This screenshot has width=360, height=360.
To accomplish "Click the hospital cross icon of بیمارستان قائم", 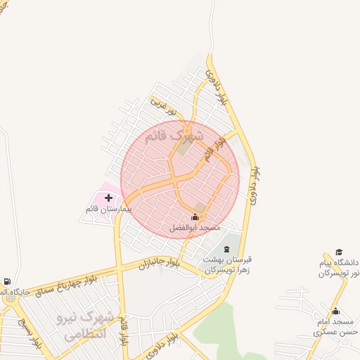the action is (x=108, y=198).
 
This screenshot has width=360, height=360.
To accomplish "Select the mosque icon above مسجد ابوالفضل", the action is (x=195, y=217).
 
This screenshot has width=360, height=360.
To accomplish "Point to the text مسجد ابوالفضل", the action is (x=195, y=228).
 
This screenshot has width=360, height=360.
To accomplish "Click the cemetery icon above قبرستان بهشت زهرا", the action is (x=226, y=249).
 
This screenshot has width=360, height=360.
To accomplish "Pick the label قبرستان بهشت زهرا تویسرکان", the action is (x=228, y=264).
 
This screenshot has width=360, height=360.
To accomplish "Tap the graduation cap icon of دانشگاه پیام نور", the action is (x=339, y=252).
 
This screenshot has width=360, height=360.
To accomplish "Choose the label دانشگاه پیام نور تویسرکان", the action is (x=339, y=268).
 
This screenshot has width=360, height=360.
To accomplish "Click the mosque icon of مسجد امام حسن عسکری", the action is (x=335, y=311).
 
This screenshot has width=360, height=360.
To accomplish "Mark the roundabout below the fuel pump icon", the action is (x=9, y=298).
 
